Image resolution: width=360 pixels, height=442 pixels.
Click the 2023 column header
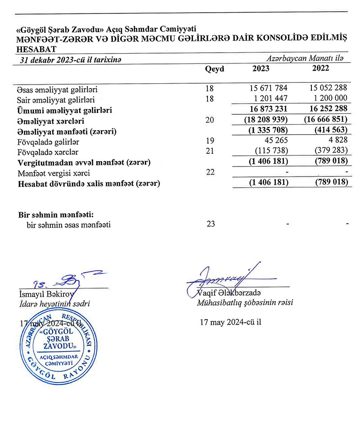261,69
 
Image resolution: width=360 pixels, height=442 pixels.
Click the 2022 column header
320,69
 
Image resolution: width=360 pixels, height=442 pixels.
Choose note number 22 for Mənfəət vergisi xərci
210,173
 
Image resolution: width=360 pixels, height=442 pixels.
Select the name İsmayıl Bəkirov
40,294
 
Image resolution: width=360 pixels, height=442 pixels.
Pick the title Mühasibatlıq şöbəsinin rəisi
245,303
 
